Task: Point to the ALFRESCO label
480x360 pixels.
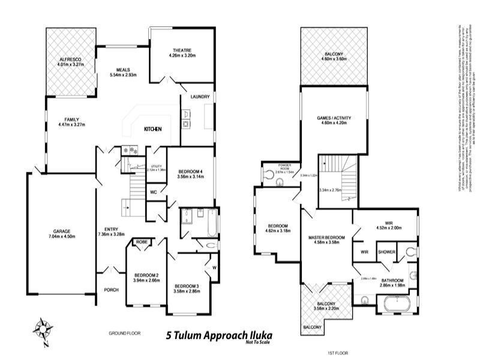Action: coord(70,60)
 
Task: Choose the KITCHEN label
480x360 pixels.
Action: coord(152,130)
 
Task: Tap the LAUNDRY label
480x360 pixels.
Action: coord(199,97)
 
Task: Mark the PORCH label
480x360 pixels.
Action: coord(111,290)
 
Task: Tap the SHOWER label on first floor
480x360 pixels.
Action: coord(386,252)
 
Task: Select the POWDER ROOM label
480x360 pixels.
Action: coord(284,167)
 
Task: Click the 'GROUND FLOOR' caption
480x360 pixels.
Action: coord(124,332)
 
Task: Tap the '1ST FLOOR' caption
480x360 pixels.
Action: coord(338,353)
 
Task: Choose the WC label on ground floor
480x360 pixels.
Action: coord(154,193)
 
